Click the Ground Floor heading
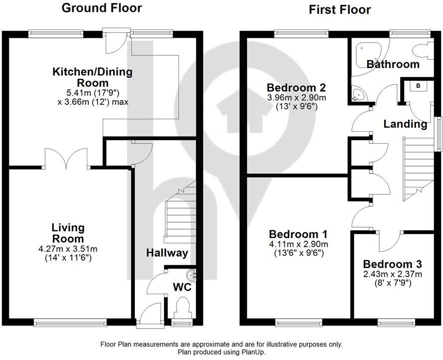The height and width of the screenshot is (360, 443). (101, 8)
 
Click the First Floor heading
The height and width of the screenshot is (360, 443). (339, 9)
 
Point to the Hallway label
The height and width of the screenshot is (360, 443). (167, 253)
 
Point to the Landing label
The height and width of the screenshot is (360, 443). (405, 124)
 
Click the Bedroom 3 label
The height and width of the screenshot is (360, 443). (393, 264)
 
